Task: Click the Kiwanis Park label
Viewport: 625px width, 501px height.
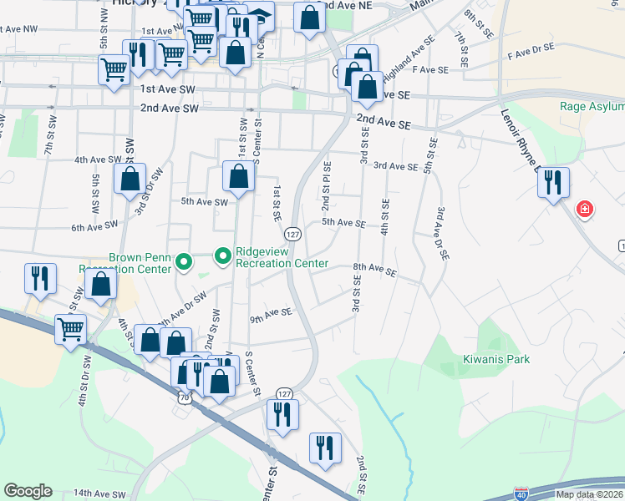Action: coord(496,360)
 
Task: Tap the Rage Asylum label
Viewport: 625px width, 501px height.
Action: coord(592,107)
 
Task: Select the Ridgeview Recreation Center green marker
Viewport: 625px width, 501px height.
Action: coord(223,256)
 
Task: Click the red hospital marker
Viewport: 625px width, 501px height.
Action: coord(585,208)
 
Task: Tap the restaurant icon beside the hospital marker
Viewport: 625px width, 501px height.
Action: coord(553,183)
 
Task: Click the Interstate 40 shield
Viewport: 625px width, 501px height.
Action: coord(521,494)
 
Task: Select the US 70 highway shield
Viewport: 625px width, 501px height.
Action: coord(185,398)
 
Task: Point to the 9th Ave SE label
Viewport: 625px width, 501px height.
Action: coord(270,315)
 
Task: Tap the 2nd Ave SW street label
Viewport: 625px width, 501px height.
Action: coord(170,109)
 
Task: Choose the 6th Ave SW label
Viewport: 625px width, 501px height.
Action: coord(94,226)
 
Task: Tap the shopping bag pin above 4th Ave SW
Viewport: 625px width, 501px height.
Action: coord(130,178)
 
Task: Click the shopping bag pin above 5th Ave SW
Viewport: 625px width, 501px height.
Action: coord(238,175)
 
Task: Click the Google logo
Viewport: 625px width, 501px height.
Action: coord(28,491)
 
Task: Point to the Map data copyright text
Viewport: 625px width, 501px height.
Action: coord(588,494)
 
